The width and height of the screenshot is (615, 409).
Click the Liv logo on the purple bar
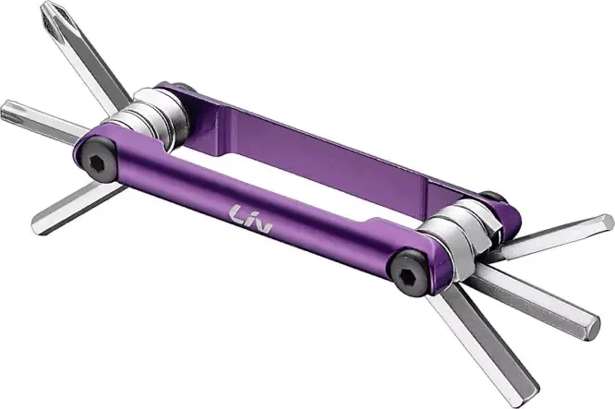tap(251, 219)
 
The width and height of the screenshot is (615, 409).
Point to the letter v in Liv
tap(263, 226)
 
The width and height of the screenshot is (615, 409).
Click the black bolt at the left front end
tap(96, 161)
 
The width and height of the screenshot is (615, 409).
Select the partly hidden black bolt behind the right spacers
tap(495, 198)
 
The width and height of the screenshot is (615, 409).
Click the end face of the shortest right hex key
tap(607, 223)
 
